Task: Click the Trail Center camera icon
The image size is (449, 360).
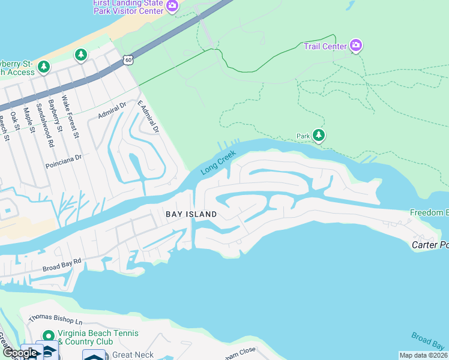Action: pos(356,46)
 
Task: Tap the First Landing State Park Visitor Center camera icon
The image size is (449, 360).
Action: pos(172,6)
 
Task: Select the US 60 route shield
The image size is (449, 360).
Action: pos(128,59)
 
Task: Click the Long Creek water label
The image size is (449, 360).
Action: pos(218,162)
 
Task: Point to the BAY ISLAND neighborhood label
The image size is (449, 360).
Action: pos(191,214)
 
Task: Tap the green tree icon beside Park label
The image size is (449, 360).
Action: pos(319,136)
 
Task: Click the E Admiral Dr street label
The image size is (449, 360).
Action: pos(148,118)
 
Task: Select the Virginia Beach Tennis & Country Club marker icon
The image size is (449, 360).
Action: pos(47,335)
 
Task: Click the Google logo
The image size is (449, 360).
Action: pos(20,353)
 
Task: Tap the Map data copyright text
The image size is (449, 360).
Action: pos(423,355)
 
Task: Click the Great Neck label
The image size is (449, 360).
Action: pos(133,355)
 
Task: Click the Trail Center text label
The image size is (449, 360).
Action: pos(325,46)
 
